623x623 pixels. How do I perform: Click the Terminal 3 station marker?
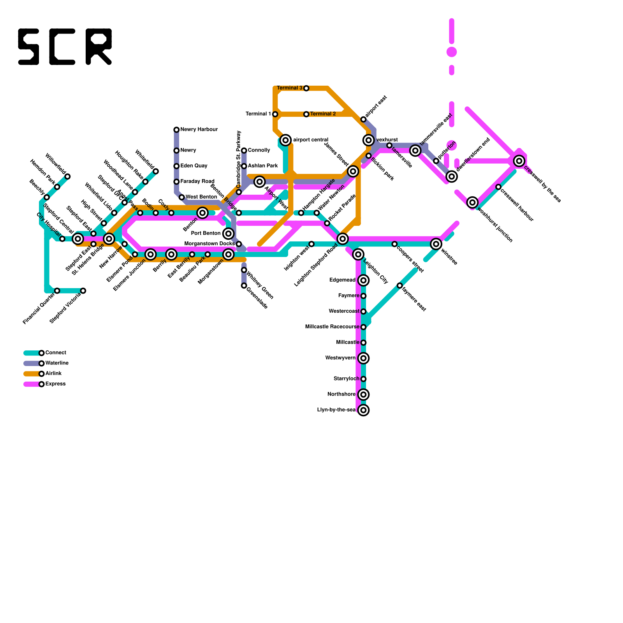(306, 88)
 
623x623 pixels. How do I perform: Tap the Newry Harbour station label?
(199, 130)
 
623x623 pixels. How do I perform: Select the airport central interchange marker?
(286, 140)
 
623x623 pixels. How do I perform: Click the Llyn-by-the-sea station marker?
(363, 410)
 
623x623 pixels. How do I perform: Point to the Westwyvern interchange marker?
(363, 358)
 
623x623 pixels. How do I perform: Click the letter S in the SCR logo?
(29, 47)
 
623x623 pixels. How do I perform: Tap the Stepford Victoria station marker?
(83, 291)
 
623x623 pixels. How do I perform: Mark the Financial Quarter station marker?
(57, 291)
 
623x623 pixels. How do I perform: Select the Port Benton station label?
(206, 234)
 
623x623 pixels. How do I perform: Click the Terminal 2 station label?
(323, 114)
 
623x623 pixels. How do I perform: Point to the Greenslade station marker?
(244, 286)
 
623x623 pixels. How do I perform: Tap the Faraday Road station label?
(197, 181)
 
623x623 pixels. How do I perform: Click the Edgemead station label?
(342, 280)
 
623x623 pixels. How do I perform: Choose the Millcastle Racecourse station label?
(332, 327)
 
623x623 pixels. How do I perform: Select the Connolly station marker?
(244, 151)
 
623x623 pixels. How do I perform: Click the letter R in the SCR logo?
(99, 47)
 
